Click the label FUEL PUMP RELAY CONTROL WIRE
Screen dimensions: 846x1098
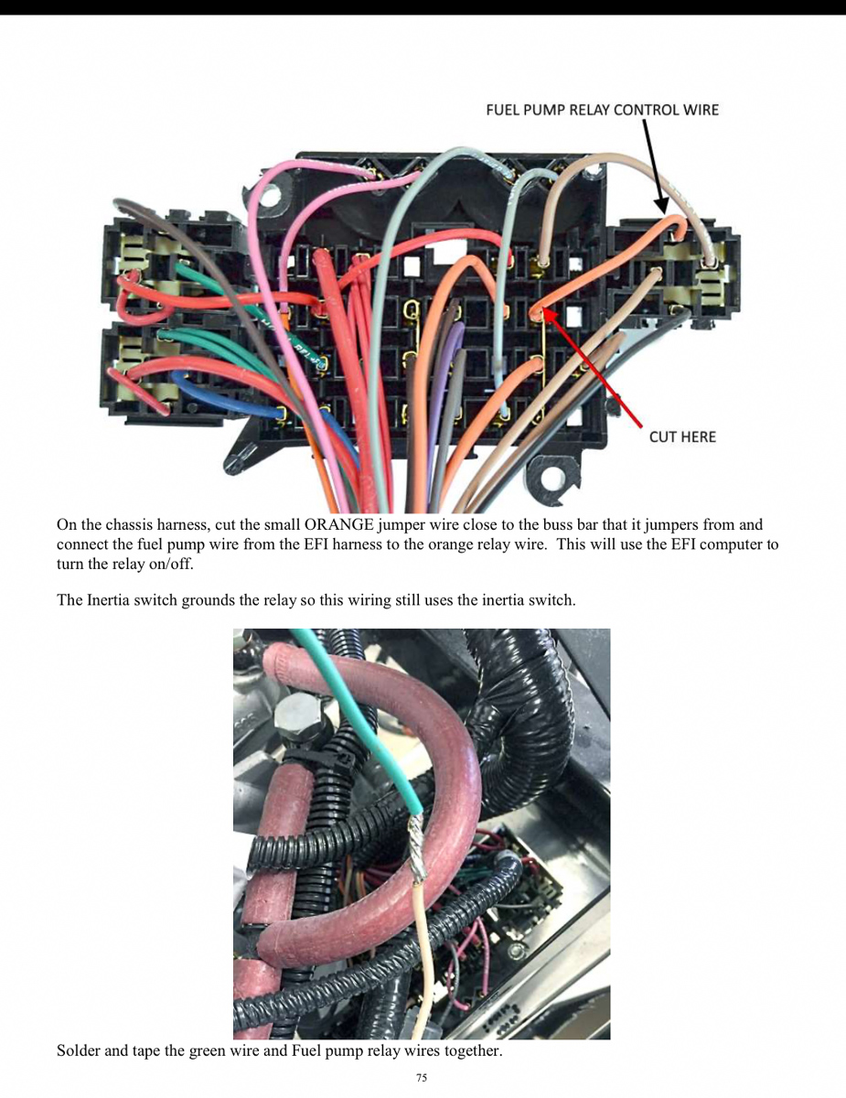pyautogui.click(x=602, y=110)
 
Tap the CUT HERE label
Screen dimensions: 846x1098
pyautogui.click(x=682, y=437)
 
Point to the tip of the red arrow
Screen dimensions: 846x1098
pyautogui.click(x=542, y=310)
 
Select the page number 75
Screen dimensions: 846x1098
pyautogui.click(x=422, y=1077)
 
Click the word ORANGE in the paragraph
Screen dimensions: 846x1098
pyautogui.click(x=339, y=525)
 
